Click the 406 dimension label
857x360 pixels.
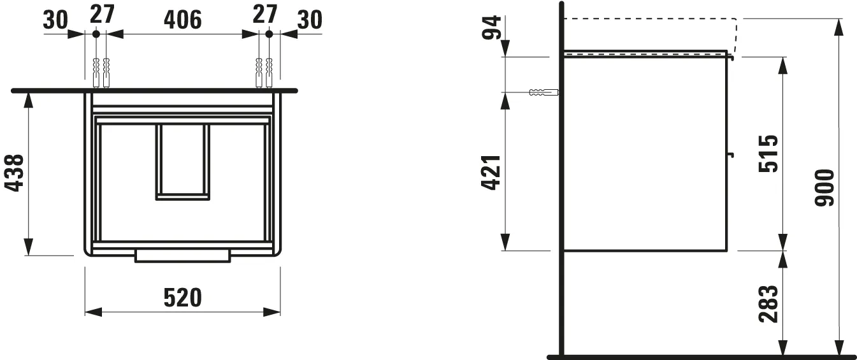point(182,20)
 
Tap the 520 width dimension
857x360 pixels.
point(182,297)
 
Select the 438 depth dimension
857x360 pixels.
point(15,173)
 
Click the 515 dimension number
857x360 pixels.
point(768,154)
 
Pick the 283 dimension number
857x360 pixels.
point(768,304)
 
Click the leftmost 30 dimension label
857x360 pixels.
point(55,20)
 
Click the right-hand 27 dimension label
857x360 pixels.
point(265,13)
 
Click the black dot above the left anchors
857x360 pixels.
point(96,34)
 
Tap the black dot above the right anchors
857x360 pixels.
point(269,34)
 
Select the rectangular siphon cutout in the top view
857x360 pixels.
point(183,161)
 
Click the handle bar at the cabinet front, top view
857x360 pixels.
point(182,256)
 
